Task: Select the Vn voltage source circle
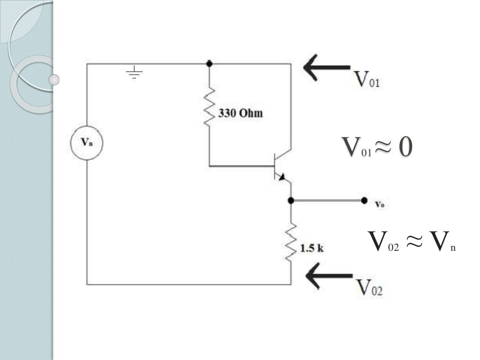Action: click(87, 144)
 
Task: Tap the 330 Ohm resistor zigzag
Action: click(209, 107)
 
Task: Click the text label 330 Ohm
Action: click(240, 114)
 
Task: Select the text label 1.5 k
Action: click(312, 248)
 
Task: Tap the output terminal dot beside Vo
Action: click(364, 201)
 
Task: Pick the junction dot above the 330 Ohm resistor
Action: click(209, 63)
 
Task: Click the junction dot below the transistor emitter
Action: click(291, 201)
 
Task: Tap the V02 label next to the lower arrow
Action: click(369, 287)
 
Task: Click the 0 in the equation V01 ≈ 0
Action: click(405, 147)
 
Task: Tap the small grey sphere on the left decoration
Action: click(54, 80)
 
